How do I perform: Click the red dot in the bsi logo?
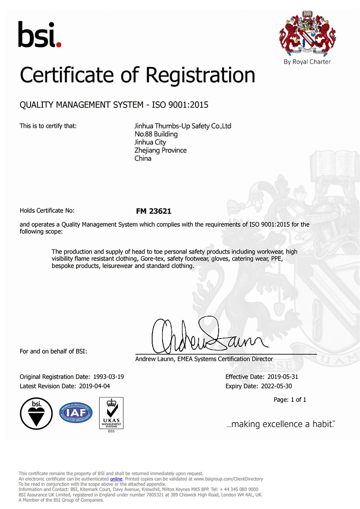pos(59,44)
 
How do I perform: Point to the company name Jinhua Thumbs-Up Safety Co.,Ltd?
pos(183,126)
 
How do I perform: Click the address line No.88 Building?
pos(156,134)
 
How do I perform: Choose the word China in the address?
pos(143,158)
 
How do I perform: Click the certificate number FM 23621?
pos(154,211)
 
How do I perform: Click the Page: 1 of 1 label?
pos(290,400)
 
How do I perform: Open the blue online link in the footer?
pos(116,479)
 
